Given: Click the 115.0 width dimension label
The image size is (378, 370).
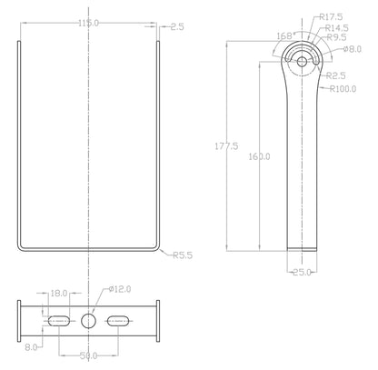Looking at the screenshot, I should coord(89,23).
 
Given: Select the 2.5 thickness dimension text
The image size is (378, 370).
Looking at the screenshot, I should coord(176,27).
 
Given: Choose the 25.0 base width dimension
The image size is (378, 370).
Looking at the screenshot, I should coord(302,271).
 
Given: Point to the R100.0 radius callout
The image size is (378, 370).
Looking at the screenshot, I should coord(343,89).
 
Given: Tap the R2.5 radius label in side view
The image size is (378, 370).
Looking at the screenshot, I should coord(336,76).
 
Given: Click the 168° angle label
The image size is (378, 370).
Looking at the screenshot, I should coord(285,36).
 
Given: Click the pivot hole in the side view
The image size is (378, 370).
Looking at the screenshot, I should coord(302,62).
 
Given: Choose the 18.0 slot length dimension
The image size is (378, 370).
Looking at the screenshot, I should coord(59,295).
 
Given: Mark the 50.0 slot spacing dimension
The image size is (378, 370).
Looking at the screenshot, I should coord(89,355).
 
